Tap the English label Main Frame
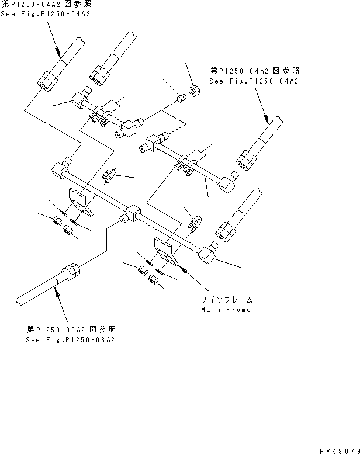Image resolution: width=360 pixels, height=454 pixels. [226, 310]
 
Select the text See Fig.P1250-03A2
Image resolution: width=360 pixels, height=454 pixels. [70, 339]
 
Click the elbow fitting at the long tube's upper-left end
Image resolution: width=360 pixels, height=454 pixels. [60, 170]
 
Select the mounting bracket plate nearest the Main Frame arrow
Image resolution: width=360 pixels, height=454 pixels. [164, 249]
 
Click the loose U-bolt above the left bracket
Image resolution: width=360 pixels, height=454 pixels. [109, 174]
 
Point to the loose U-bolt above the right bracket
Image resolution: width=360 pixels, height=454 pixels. [194, 223]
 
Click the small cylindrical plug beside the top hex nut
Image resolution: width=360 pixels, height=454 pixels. [180, 98]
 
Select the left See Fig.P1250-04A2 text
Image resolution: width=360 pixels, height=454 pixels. [46, 13]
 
